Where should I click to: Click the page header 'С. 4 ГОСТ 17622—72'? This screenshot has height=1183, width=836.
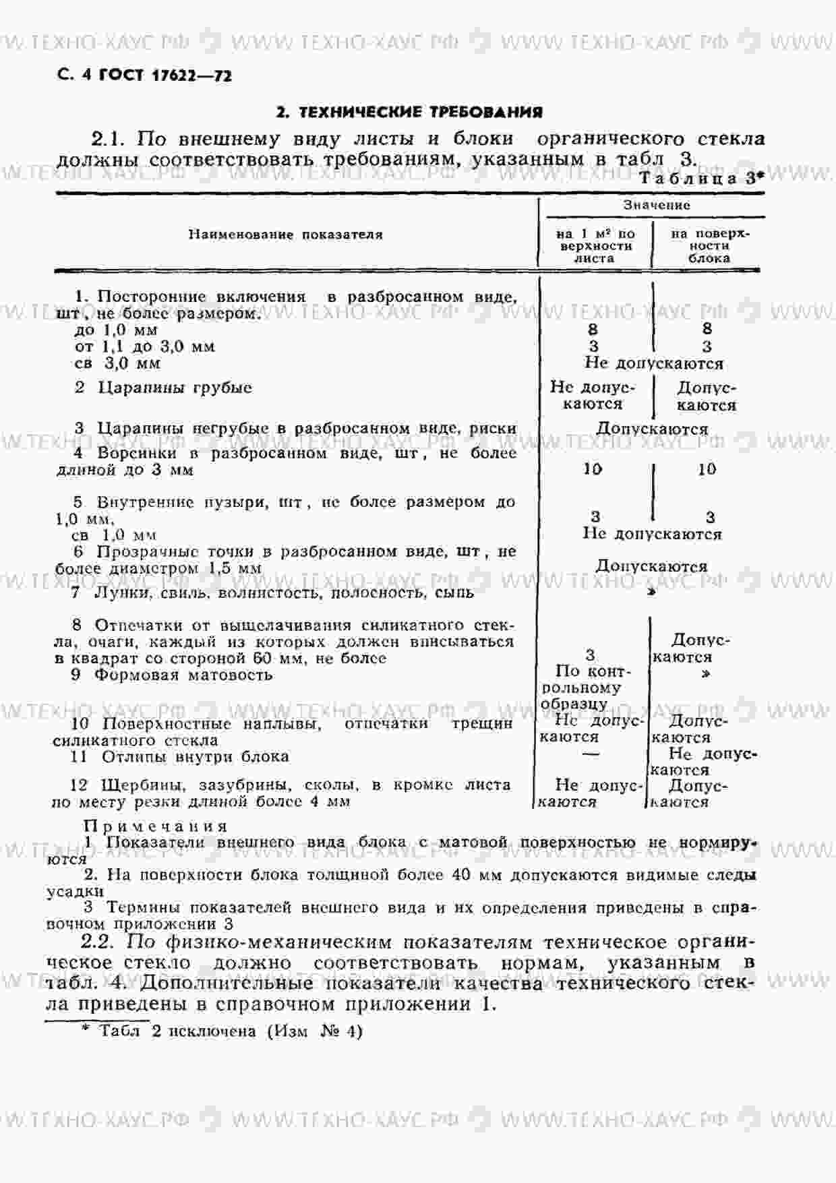click(145, 75)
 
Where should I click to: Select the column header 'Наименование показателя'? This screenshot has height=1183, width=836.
click(285, 235)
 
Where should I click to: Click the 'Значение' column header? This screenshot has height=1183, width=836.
click(656, 205)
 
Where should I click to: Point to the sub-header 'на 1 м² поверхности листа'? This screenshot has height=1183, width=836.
click(595, 246)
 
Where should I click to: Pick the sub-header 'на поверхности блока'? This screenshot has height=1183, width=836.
click(709, 246)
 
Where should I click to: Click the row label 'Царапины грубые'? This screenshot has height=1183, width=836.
click(175, 388)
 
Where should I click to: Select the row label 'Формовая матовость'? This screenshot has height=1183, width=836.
click(183, 675)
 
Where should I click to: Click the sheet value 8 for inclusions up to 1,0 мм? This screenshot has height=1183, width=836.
click(593, 330)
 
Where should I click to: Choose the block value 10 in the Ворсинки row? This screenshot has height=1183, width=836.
click(707, 469)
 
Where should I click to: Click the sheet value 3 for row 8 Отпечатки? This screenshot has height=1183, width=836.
click(591, 655)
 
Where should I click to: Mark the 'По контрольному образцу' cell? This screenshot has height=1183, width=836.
click(584, 688)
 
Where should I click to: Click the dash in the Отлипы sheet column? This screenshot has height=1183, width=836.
click(590, 754)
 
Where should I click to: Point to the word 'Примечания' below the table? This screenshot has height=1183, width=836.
click(156, 826)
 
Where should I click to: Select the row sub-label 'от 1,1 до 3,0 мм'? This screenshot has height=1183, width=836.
click(144, 346)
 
